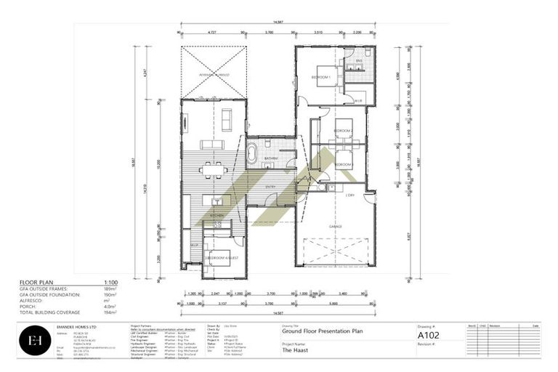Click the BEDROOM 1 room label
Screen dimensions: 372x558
321,77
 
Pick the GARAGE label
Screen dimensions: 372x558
335,226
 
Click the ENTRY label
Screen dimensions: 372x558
270,187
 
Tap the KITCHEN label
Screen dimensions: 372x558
217,217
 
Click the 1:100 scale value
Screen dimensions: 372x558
111,282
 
